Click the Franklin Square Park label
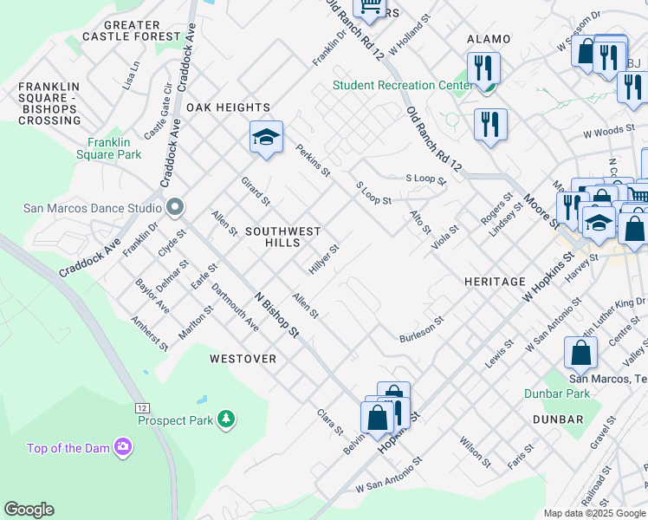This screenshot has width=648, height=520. click(x=113, y=148)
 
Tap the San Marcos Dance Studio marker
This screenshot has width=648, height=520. click(x=174, y=208)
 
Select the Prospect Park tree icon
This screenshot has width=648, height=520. click(x=226, y=419)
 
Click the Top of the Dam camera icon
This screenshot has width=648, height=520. click(x=124, y=447)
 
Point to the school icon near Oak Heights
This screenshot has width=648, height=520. click(x=267, y=137)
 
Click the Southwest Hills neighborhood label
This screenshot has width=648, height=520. click(x=283, y=237)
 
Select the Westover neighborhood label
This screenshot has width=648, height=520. click(x=243, y=358)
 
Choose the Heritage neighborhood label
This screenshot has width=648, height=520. click(x=495, y=282)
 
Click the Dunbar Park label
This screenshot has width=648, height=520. click(x=557, y=393)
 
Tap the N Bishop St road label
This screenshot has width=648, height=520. click(x=276, y=314)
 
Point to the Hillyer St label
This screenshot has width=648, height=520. click(x=324, y=258)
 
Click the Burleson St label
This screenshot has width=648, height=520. click(x=421, y=330)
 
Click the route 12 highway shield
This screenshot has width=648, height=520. click(x=141, y=406)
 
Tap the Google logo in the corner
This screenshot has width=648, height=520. click(x=29, y=510)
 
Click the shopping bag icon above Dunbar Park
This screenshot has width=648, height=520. click(x=580, y=353)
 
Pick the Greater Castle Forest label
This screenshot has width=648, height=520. click(x=133, y=31)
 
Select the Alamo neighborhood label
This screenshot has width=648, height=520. click(x=489, y=39)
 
